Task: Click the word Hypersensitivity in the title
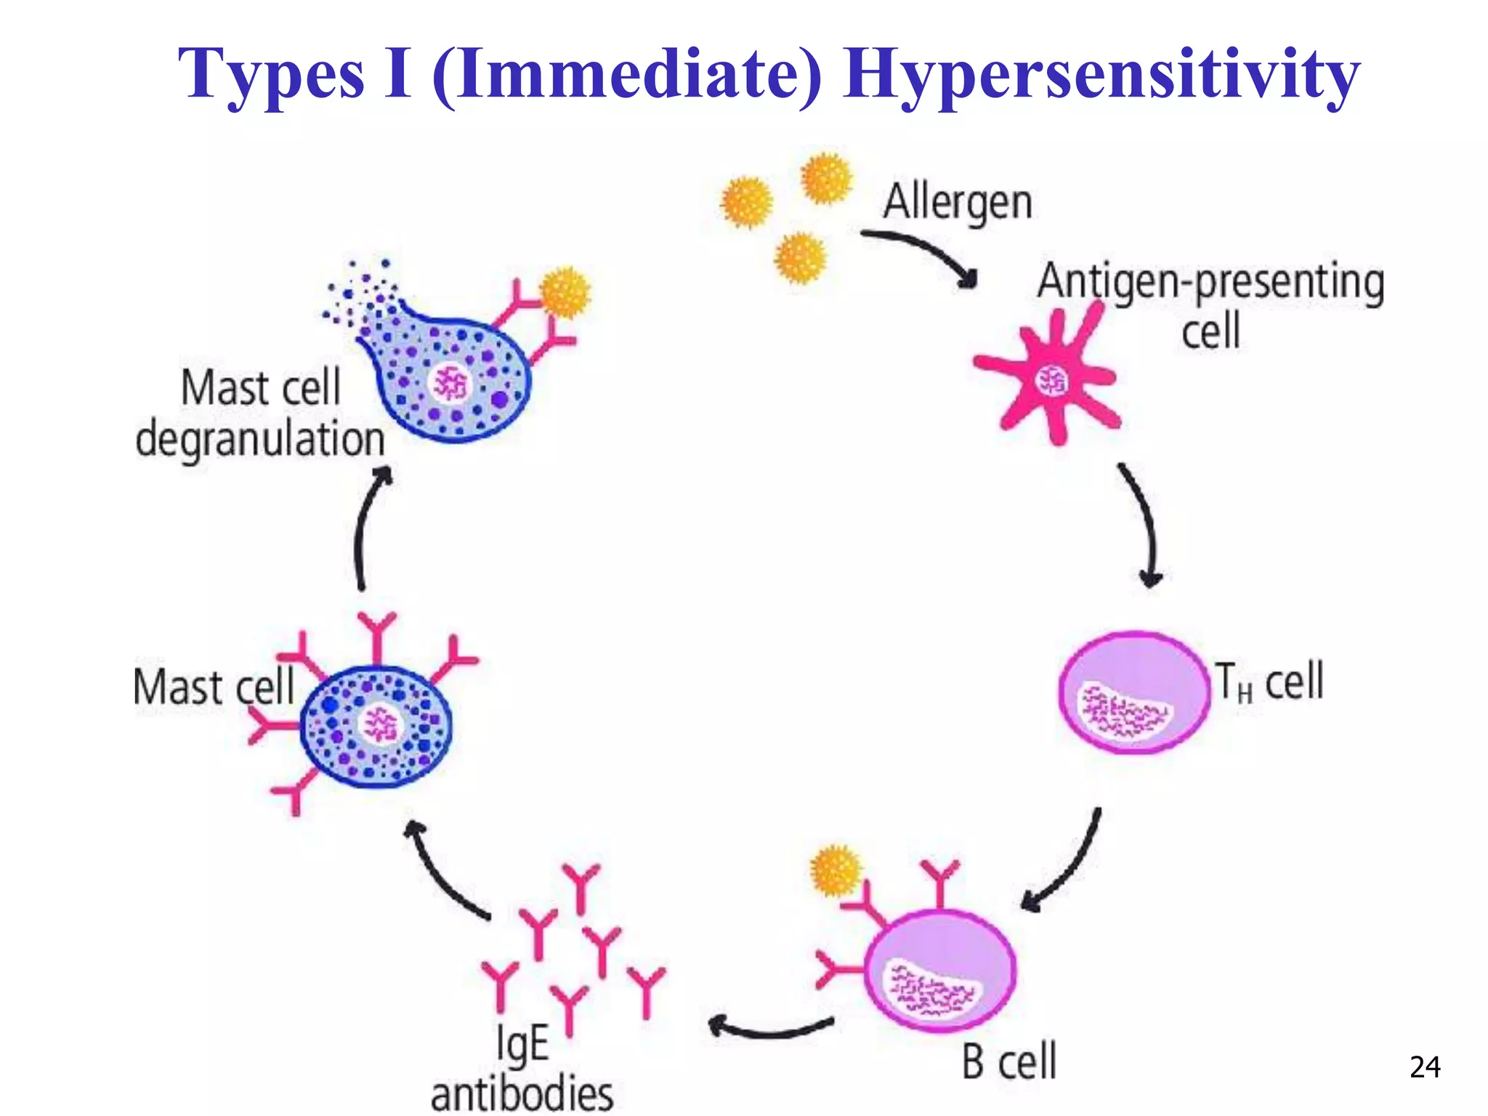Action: pyautogui.click(x=1101, y=75)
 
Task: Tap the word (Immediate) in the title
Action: pyautogui.click(x=626, y=75)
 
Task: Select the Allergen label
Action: pyautogui.click(x=958, y=201)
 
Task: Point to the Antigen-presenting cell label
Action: pyautogui.click(x=1210, y=305)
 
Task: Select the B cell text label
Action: pyautogui.click(x=1009, y=1062)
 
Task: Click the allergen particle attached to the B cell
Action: pyautogui.click(x=836, y=870)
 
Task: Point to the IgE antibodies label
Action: pyautogui.click(x=522, y=1068)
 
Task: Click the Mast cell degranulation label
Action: pyautogui.click(x=260, y=413)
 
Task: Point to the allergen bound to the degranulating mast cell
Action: pyautogui.click(x=565, y=292)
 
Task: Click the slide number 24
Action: pyautogui.click(x=1424, y=1067)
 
